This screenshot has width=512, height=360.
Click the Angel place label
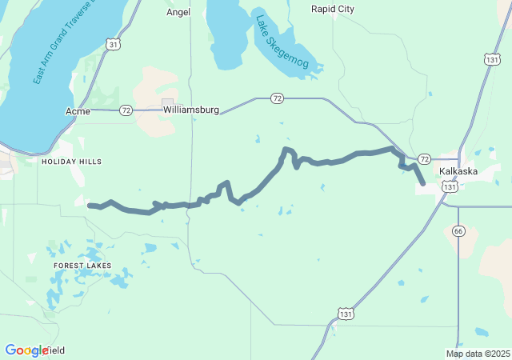(178, 12)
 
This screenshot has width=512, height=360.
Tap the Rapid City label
(332, 9)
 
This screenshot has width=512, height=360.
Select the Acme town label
(78, 111)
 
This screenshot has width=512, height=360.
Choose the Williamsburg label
(190, 109)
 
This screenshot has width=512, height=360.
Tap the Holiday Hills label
(72, 162)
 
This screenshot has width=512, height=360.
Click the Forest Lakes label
(82, 265)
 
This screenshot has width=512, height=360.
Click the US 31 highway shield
(114, 46)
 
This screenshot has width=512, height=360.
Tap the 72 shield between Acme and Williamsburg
(126, 111)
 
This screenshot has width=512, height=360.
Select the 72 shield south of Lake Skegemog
(277, 98)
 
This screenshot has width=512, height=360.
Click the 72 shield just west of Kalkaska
(424, 159)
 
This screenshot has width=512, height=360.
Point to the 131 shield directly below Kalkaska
(450, 186)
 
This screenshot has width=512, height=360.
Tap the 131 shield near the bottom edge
(344, 314)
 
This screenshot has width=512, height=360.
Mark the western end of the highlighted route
(90, 206)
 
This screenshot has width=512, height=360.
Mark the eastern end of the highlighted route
(422, 183)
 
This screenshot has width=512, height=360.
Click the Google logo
(27, 350)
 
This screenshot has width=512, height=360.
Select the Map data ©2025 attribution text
(478, 354)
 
